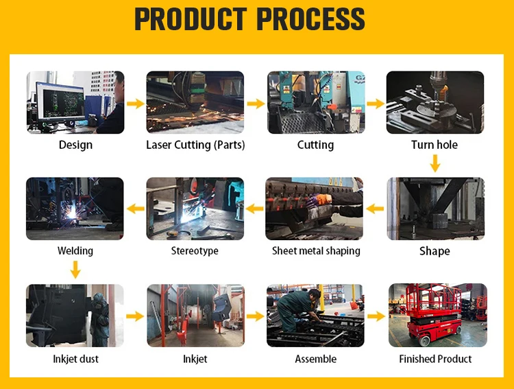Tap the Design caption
tap(75, 145)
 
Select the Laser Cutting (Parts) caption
tap(195, 145)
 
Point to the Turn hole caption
tap(435, 145)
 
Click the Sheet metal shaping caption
tap(316, 250)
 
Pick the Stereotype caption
tap(195, 250)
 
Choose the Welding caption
tap(75, 250)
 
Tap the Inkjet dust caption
tap(75, 359)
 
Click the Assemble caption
tap(316, 359)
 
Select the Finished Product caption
tap(435, 359)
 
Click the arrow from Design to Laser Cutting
tap(135, 104)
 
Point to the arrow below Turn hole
tap(435, 163)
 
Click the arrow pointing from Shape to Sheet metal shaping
tap(375, 209)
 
